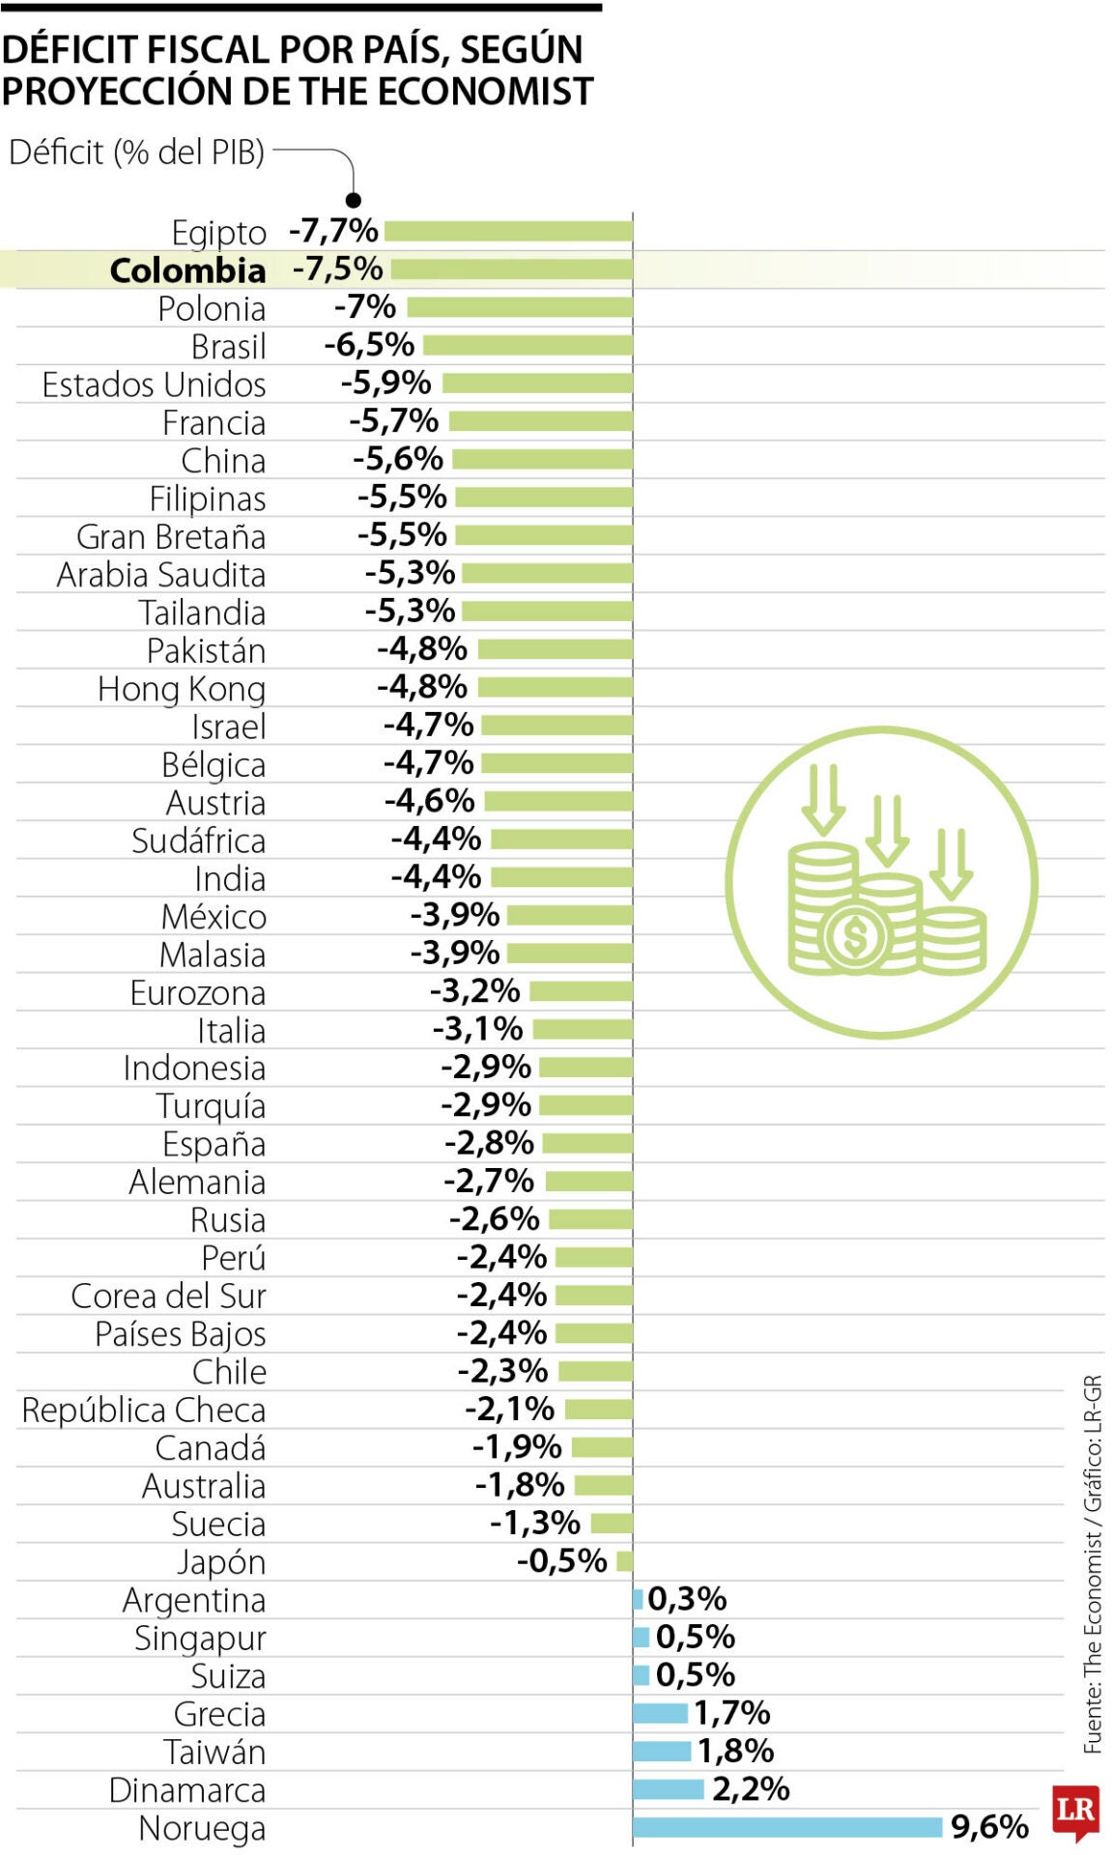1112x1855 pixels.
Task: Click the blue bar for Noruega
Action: [786, 1827]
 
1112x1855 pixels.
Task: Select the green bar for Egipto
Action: [508, 231]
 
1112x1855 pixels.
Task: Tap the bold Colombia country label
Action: [187, 271]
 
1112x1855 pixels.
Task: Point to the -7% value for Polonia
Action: [364, 307]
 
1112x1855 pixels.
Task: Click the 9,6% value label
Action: [989, 1827]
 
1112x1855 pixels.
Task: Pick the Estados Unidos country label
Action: [154, 385]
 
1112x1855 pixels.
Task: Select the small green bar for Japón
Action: [624, 1560]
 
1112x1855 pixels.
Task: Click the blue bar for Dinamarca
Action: [669, 1789]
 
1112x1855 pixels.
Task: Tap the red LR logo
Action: [1075, 1811]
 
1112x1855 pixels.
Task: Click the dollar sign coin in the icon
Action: [854, 936]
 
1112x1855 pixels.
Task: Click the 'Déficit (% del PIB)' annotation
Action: [136, 153]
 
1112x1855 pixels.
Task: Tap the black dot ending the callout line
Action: [354, 200]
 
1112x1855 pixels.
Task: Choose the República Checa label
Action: [143, 1410]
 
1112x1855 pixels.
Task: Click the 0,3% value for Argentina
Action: [687, 1599]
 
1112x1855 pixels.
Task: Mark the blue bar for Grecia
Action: [661, 1713]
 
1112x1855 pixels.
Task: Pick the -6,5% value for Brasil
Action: [369, 345]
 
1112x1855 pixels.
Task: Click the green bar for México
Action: [570, 915]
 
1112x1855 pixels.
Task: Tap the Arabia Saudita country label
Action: [160, 575]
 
